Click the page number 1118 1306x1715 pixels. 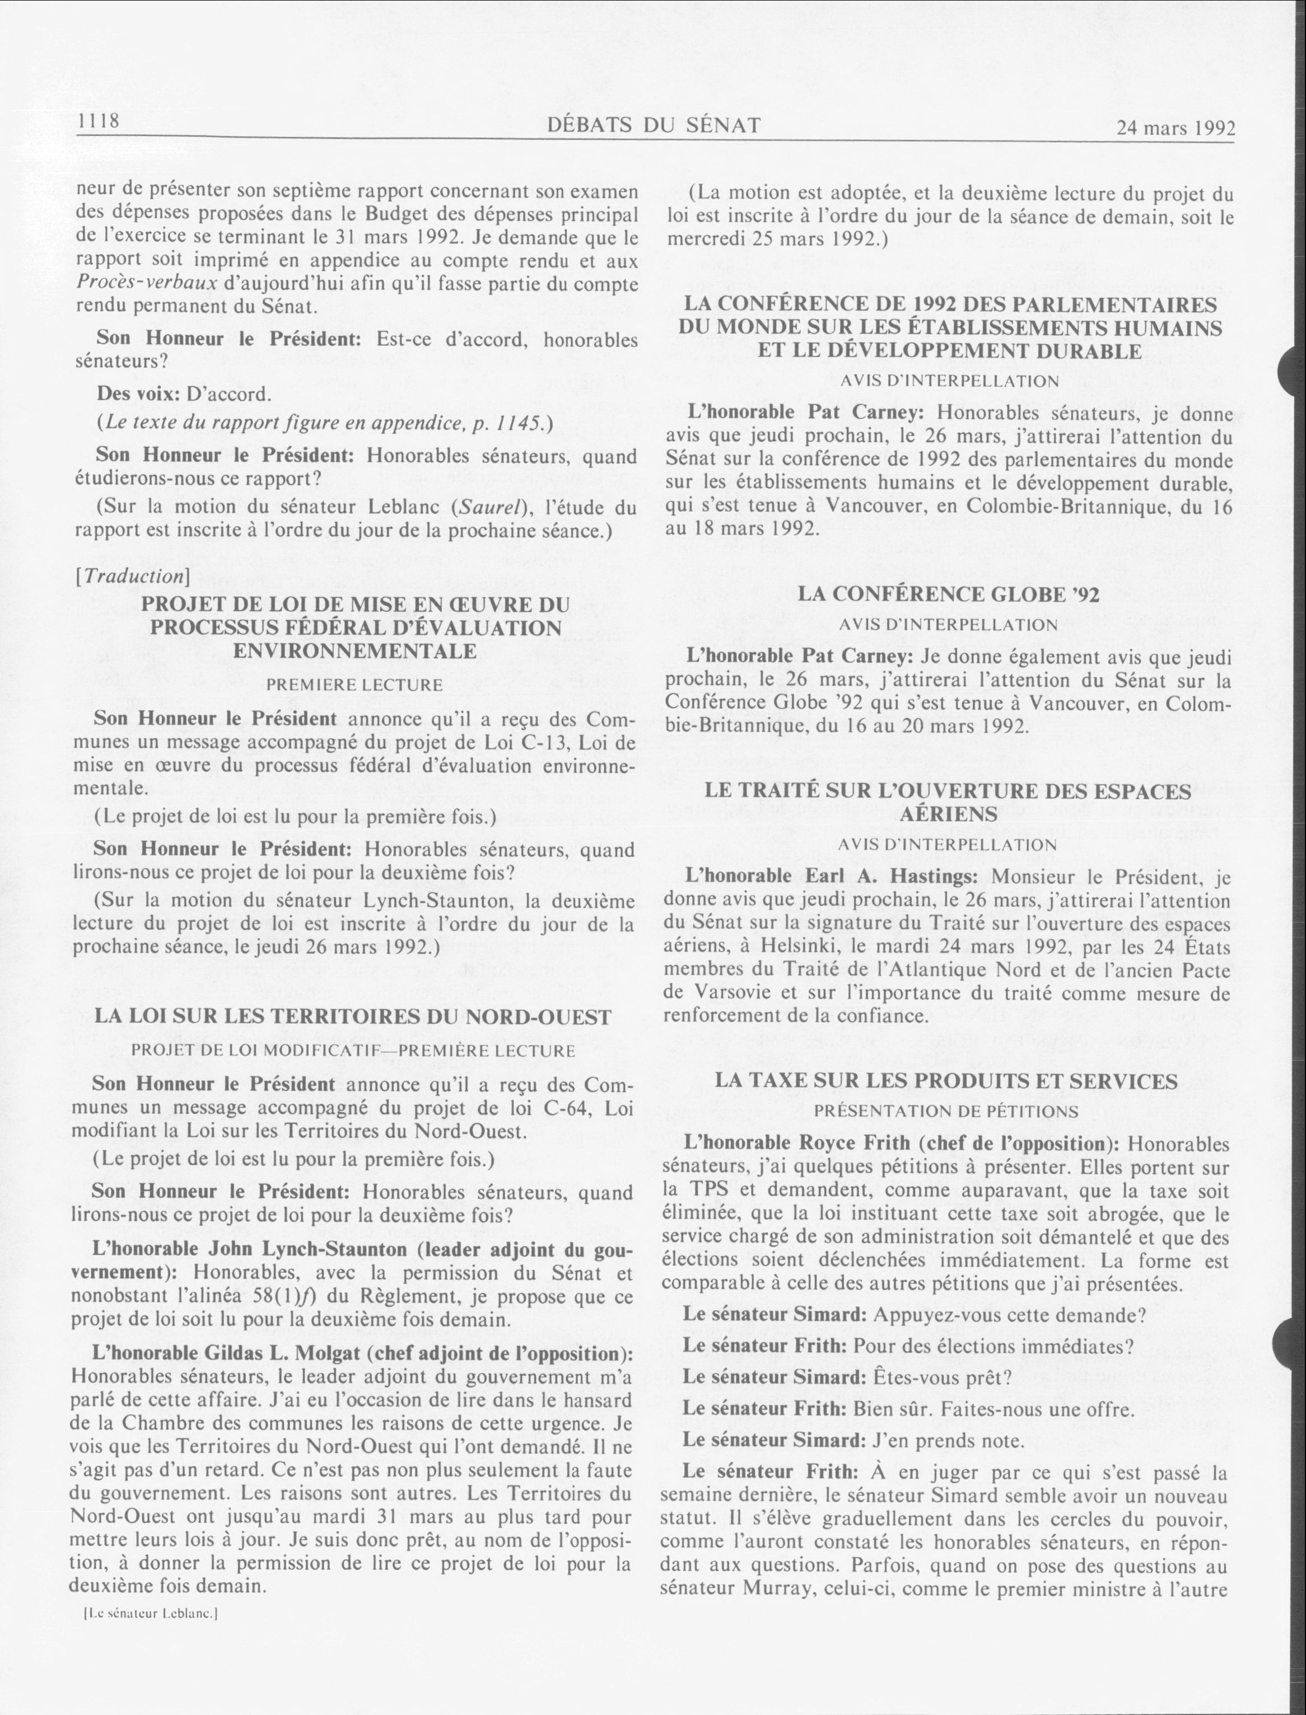97,121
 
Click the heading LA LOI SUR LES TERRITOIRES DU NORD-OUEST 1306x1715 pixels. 353,1016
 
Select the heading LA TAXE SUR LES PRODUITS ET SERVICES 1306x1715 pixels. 945,1081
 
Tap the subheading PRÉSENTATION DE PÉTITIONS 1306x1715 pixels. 946,1111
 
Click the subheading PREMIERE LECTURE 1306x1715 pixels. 355,685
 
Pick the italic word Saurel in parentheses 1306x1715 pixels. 483,508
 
